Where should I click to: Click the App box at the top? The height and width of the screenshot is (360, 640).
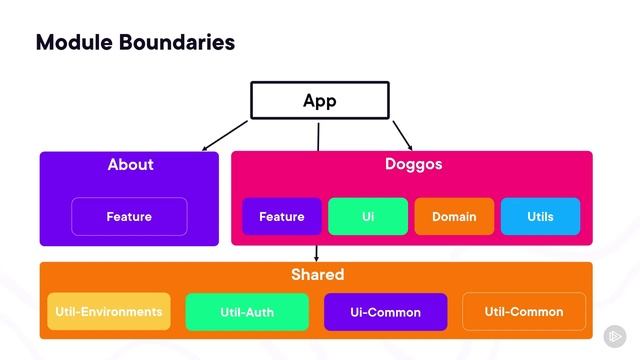pyautogui.click(x=319, y=101)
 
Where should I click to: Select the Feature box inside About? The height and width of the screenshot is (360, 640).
pyautogui.click(x=129, y=216)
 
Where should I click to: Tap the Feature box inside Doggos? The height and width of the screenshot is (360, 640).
pyautogui.click(x=282, y=216)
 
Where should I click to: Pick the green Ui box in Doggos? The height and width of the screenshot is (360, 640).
pyautogui.click(x=368, y=216)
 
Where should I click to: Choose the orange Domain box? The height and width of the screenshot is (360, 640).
pyautogui.click(x=454, y=216)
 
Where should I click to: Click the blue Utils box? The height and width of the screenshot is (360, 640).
pyautogui.click(x=540, y=216)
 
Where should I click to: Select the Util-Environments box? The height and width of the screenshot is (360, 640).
pyautogui.click(x=109, y=311)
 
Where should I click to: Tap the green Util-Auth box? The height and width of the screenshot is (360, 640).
pyautogui.click(x=247, y=312)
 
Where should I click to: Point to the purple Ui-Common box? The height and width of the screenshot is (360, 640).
pyautogui.click(x=385, y=312)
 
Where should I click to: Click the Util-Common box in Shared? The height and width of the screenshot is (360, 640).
pyautogui.click(x=524, y=311)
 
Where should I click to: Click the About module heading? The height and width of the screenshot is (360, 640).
pyautogui.click(x=131, y=164)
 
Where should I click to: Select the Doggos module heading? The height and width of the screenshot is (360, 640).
pyautogui.click(x=413, y=164)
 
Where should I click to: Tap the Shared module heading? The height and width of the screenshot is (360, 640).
pyautogui.click(x=317, y=274)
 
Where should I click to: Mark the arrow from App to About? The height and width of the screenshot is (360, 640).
pyautogui.click(x=225, y=136)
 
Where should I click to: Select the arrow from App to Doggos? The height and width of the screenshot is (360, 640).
pyautogui.click(x=402, y=134)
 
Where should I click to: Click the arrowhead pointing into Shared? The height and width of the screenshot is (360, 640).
pyautogui.click(x=317, y=259)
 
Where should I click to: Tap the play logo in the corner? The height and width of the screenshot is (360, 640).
pyautogui.click(x=615, y=336)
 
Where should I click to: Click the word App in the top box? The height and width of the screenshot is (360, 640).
pyautogui.click(x=319, y=101)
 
